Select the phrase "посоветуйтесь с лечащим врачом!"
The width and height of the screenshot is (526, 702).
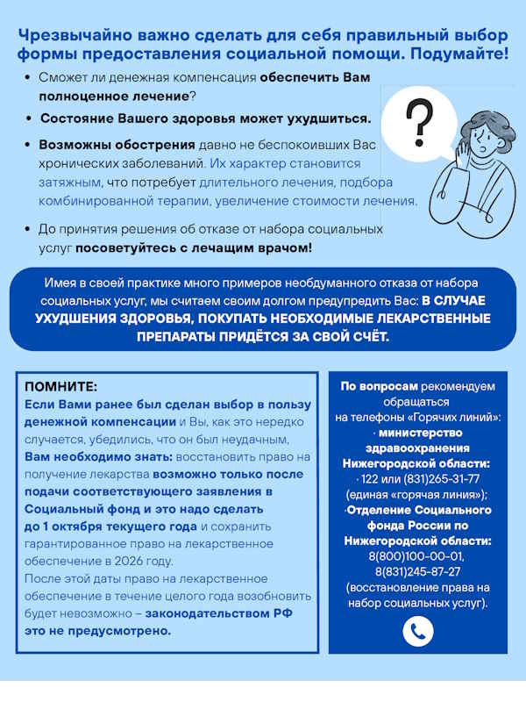(x=193, y=248)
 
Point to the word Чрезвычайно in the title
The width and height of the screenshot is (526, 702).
(x=80, y=35)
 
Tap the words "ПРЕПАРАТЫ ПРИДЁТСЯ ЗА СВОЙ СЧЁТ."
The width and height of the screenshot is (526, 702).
(x=262, y=336)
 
